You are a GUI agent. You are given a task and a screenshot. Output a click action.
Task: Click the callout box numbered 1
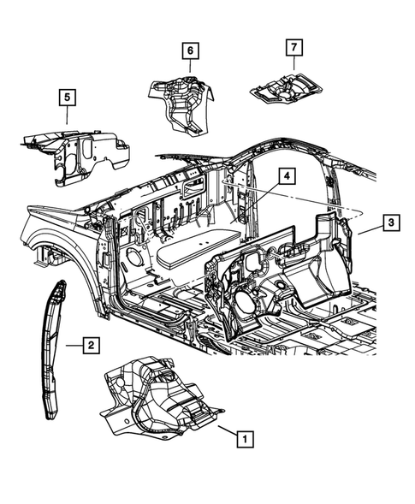pos(245,440)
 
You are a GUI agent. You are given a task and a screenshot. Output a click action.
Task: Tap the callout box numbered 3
pos(389,223)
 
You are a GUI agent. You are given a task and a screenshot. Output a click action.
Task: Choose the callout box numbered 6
pos(189,51)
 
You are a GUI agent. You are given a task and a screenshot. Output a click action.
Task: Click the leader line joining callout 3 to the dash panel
pos(364,229)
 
